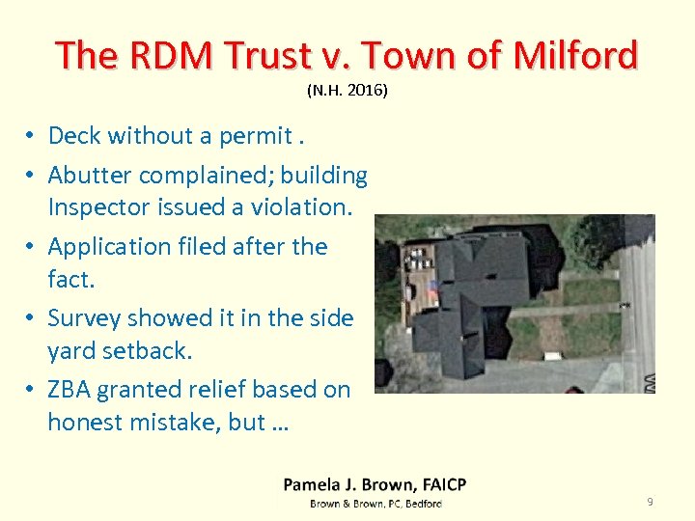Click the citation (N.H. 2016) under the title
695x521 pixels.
pyautogui.click(x=347, y=91)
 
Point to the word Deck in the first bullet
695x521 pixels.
pyautogui.click(x=74, y=136)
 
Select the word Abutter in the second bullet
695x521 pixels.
pyautogui.click(x=90, y=176)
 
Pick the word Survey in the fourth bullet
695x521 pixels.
pyautogui.click(x=82, y=318)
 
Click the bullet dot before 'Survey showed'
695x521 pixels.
pyautogui.click(x=32, y=318)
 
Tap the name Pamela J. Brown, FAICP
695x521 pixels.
pyautogui.click(x=375, y=484)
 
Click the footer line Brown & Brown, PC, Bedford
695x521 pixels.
pyautogui.click(x=375, y=504)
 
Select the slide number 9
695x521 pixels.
pyautogui.click(x=650, y=502)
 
